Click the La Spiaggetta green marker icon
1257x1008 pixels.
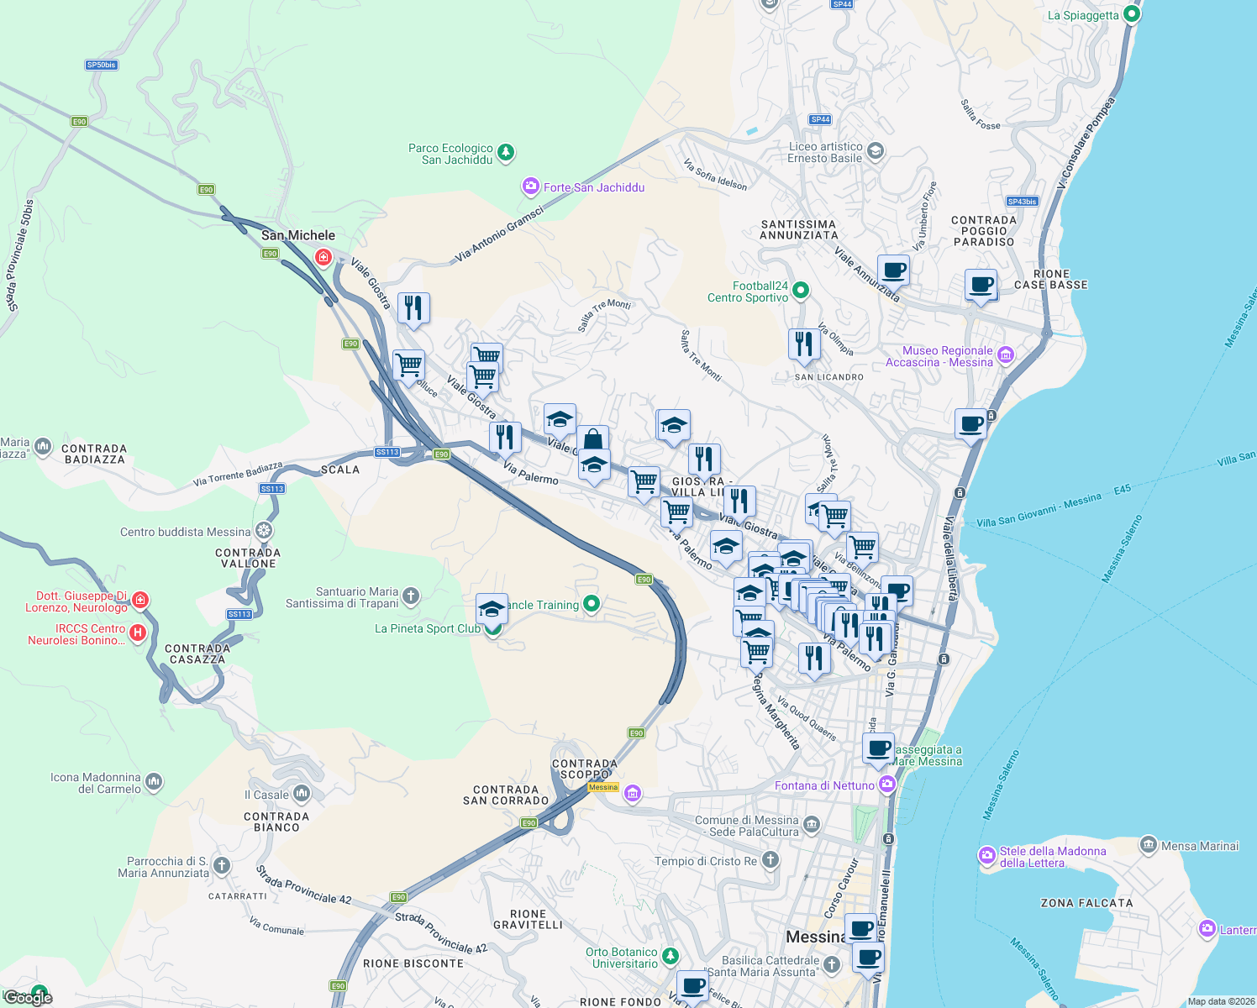[x=1132, y=14]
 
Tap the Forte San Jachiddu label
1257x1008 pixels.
[x=593, y=187]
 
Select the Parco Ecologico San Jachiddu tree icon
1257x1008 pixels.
[x=506, y=153]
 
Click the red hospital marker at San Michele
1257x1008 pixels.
[x=323, y=256]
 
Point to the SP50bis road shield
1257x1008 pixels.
[x=102, y=65]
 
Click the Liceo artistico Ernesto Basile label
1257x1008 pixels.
[x=825, y=152]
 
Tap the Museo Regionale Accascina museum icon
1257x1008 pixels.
[x=1006, y=355]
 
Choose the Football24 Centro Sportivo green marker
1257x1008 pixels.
[x=801, y=291]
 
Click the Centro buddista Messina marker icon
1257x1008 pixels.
[x=264, y=531]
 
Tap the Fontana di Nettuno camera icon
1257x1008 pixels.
[x=887, y=785]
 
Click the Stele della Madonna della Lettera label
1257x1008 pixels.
[x=1052, y=857]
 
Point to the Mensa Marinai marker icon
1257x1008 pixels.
[x=1149, y=845]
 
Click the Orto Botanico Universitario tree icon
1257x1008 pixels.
[x=670, y=956]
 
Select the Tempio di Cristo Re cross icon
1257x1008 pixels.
[x=770, y=860]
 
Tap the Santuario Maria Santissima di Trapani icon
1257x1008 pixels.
[x=411, y=596]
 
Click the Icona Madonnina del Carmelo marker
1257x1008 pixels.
[x=153, y=782]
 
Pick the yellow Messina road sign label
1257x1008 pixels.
[x=603, y=787]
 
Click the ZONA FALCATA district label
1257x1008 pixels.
[x=1086, y=903]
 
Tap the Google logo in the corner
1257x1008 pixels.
[x=28, y=997]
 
